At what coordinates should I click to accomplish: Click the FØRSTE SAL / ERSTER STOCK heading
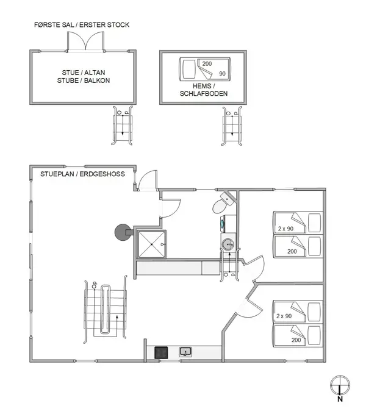tap(82, 25)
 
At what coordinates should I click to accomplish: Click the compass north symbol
tap(340, 387)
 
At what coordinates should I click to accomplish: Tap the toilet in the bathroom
tap(223, 205)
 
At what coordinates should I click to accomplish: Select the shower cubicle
tap(151, 244)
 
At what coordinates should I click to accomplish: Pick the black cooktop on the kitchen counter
tap(161, 352)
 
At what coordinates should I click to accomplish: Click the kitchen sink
tap(185, 352)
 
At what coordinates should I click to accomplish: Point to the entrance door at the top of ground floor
tap(146, 181)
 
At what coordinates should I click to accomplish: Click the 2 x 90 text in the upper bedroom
tap(285, 229)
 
